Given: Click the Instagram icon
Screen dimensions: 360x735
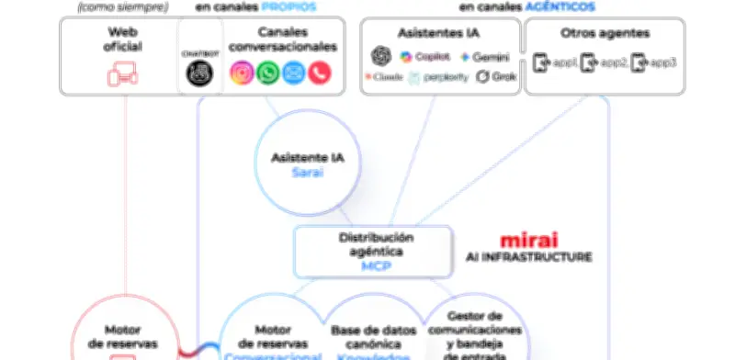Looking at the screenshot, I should [x=242, y=73].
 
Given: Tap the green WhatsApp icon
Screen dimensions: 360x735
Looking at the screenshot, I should [x=267, y=73].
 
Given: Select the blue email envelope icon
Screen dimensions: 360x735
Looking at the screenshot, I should [x=293, y=73].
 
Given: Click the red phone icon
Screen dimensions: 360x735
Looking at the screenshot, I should [x=319, y=73].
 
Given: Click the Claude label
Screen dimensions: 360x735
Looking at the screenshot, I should [x=389, y=77].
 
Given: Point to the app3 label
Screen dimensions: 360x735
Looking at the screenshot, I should [x=664, y=63].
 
